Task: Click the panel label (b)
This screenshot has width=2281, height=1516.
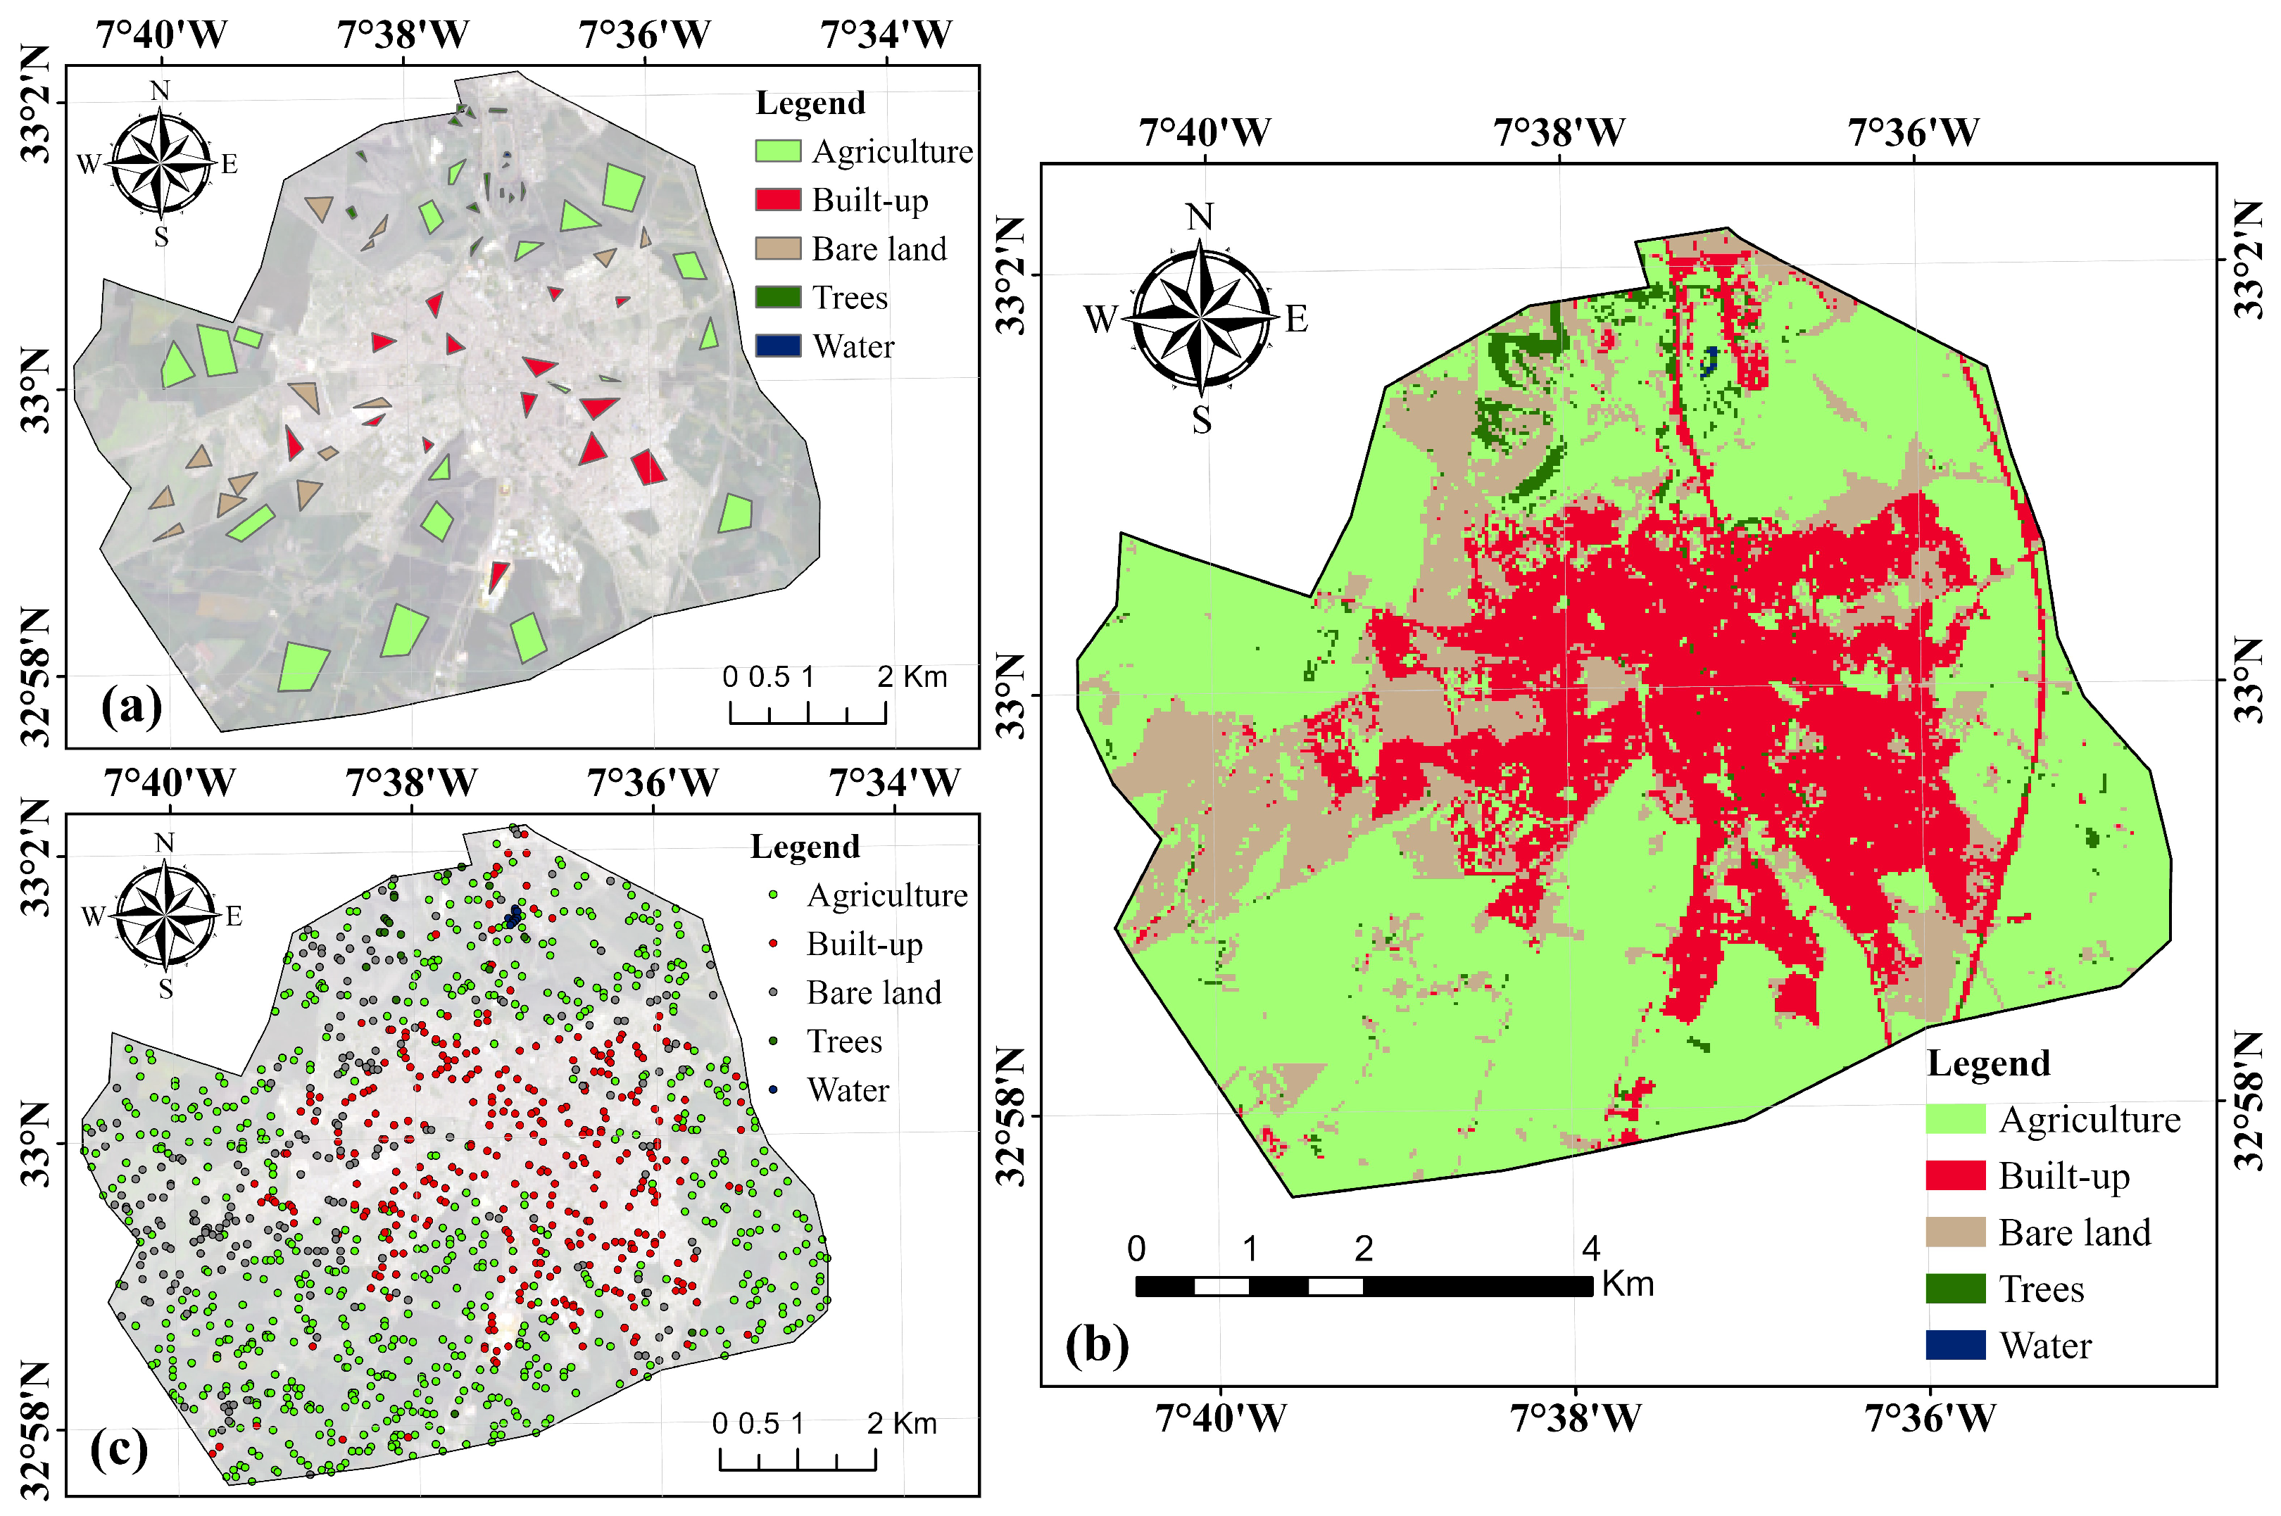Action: click(1097, 1344)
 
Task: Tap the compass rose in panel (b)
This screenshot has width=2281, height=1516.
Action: click(1200, 317)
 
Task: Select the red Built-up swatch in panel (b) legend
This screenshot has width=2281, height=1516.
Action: click(1954, 1175)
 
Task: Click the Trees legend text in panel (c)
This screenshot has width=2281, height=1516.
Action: click(844, 1042)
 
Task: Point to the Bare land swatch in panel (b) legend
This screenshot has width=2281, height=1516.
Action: click(1954, 1232)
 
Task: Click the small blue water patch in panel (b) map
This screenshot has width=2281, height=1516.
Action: click(1709, 362)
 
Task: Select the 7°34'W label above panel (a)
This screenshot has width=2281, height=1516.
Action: click(886, 34)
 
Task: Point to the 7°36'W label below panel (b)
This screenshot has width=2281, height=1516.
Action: click(1929, 1418)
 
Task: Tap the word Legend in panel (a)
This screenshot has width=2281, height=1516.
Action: click(810, 103)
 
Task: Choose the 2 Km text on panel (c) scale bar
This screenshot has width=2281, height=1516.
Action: click(901, 1423)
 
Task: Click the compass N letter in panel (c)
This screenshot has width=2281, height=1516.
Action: click(164, 842)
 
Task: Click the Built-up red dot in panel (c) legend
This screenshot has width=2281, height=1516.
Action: click(772, 944)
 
